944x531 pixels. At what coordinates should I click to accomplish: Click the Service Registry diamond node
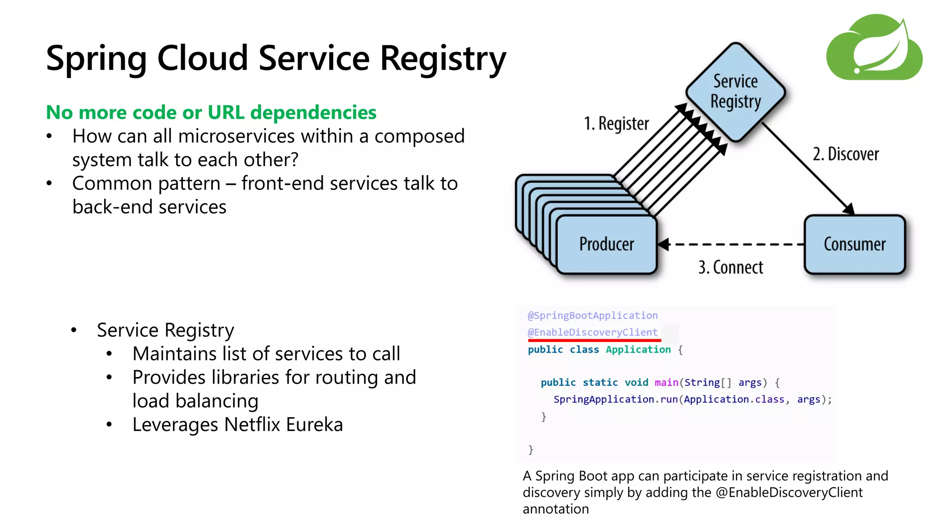735,92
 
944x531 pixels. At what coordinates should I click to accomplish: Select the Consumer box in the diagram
855,244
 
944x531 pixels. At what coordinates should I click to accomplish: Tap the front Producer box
607,244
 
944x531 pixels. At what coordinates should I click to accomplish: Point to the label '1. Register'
616,124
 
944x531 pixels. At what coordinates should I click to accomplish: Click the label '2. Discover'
845,154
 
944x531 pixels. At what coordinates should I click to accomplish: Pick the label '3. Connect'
731,267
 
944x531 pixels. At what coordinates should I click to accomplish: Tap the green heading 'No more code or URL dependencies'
211,112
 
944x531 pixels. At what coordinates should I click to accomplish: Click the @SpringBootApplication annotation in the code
592,316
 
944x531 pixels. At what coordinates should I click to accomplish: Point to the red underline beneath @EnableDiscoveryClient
594,340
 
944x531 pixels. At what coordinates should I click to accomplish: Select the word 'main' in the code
666,383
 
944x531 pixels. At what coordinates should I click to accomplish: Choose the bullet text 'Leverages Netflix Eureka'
237,425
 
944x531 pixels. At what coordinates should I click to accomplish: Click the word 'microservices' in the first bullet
236,136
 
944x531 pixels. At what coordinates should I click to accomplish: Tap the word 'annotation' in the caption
555,509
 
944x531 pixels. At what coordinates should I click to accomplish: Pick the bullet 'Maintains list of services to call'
266,354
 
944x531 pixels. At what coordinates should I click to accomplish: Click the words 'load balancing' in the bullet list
195,401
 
